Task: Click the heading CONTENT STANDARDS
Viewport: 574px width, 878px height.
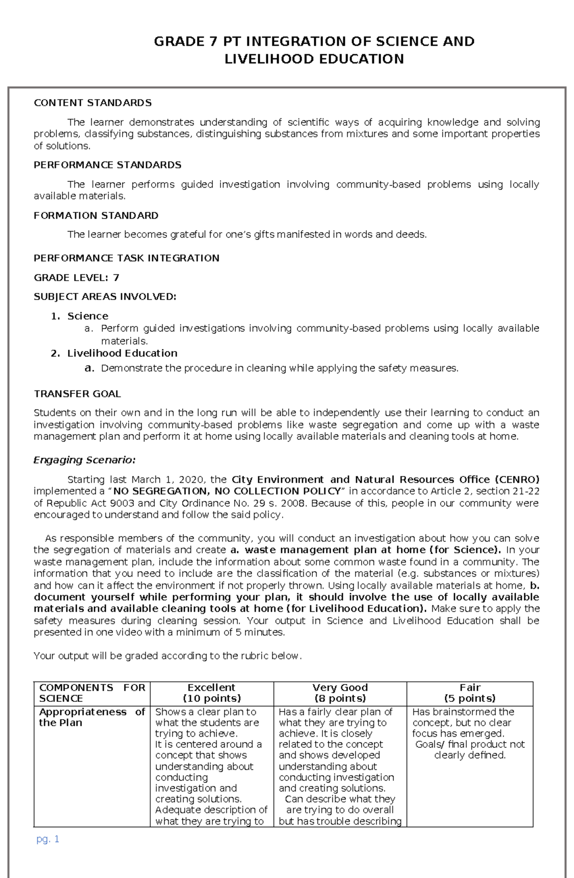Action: pos(92,103)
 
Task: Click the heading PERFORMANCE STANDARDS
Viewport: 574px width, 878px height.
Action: pos(107,165)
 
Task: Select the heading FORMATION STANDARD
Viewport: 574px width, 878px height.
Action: pos(96,215)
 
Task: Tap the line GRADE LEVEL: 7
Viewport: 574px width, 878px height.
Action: pos(77,278)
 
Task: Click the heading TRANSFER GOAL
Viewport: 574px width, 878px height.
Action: pos(77,394)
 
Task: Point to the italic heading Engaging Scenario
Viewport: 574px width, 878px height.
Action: pos(84,460)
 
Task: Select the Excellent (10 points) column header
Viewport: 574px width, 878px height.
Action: pos(211,693)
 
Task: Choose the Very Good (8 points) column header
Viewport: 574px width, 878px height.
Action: pos(340,693)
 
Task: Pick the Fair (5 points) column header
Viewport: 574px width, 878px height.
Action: pos(470,693)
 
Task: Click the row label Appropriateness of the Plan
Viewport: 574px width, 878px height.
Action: pos(91,717)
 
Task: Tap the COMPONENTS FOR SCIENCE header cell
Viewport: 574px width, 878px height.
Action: pos(91,693)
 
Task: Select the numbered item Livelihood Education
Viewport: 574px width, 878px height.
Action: pos(122,353)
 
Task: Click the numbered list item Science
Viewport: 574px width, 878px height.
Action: pos(88,316)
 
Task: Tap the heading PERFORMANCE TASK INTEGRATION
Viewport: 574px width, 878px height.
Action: pos(126,258)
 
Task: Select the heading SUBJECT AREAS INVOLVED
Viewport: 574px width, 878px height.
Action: pos(105,297)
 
